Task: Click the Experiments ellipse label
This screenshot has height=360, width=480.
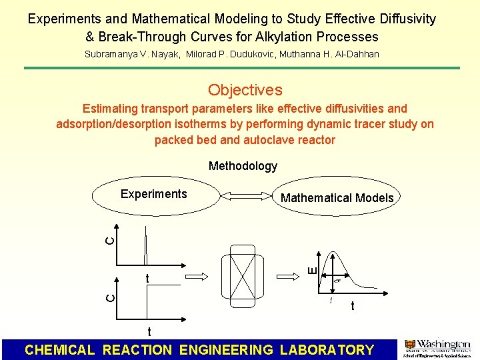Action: click(153, 194)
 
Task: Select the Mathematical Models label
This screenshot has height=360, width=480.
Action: click(337, 197)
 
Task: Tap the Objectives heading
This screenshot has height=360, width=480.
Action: click(245, 90)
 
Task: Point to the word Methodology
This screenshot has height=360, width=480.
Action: click(243, 166)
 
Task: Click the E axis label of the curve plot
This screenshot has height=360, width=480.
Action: click(312, 269)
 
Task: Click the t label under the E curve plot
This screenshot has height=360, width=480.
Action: click(352, 307)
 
